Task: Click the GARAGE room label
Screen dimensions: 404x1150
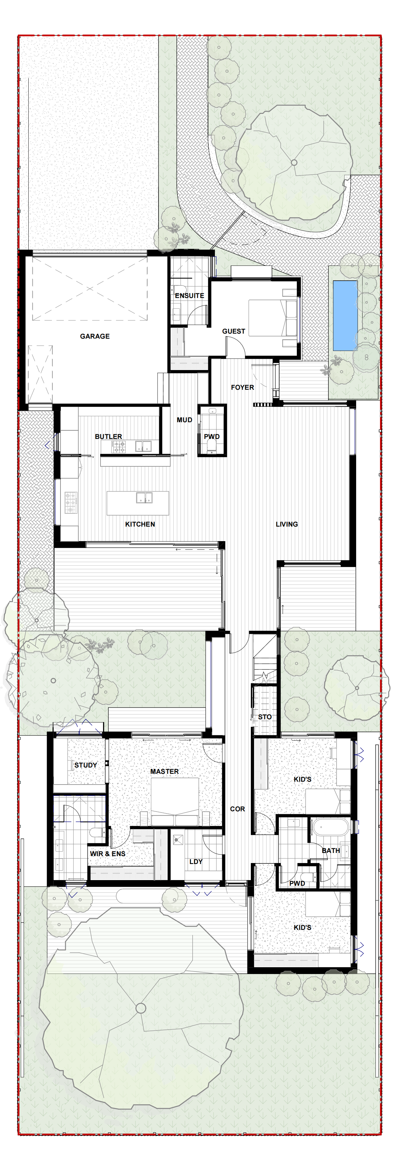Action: (95, 336)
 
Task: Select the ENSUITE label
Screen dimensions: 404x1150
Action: (189, 295)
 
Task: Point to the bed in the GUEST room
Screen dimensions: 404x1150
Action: (273, 318)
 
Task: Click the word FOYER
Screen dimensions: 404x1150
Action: (243, 388)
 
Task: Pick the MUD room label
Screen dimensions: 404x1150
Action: (184, 420)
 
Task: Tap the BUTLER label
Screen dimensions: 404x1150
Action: (108, 437)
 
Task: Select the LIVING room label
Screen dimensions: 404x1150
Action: (287, 524)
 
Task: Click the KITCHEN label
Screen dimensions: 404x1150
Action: (140, 524)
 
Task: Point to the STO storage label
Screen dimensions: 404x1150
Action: (265, 717)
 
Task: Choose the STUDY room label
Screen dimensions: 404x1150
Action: (86, 765)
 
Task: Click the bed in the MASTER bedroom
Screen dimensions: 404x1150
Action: (175, 802)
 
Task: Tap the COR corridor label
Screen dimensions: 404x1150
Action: (237, 809)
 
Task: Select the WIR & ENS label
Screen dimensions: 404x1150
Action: (107, 854)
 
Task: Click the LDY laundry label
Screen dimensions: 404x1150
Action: (196, 861)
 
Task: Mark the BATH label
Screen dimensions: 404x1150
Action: (331, 850)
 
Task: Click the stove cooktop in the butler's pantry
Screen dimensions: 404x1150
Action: (118, 447)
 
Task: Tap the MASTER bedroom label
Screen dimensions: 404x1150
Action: (164, 771)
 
